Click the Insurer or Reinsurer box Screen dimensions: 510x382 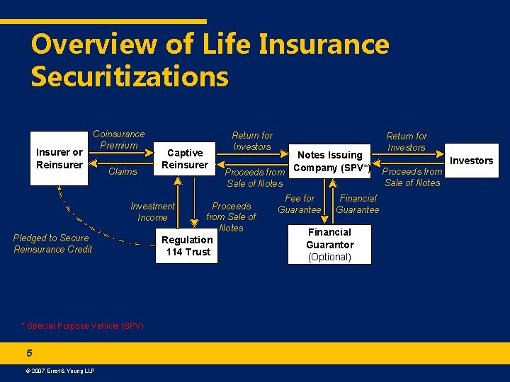[x=59, y=158]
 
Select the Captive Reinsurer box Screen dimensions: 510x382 [x=185, y=158]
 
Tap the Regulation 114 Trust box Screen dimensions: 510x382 [x=188, y=245]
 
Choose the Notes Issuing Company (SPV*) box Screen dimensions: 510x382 [x=330, y=161]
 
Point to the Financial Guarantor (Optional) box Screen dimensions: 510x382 [x=330, y=244]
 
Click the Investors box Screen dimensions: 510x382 [x=472, y=161]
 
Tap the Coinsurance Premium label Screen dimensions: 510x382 [x=118, y=139]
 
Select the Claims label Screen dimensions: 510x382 [x=123, y=171]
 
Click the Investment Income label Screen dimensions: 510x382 [x=152, y=212]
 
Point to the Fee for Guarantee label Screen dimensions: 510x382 [x=299, y=204]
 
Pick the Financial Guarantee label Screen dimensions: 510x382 [x=358, y=204]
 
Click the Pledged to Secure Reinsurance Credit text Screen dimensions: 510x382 [x=52, y=243]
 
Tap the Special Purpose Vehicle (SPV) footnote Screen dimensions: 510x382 [x=82, y=326]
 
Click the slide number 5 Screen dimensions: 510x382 [x=28, y=353]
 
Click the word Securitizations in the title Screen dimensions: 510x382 [x=130, y=76]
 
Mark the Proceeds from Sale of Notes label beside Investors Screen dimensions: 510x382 [x=412, y=177]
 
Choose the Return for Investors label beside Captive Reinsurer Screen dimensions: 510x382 [x=252, y=141]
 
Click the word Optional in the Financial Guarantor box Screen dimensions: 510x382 [x=330, y=257]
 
